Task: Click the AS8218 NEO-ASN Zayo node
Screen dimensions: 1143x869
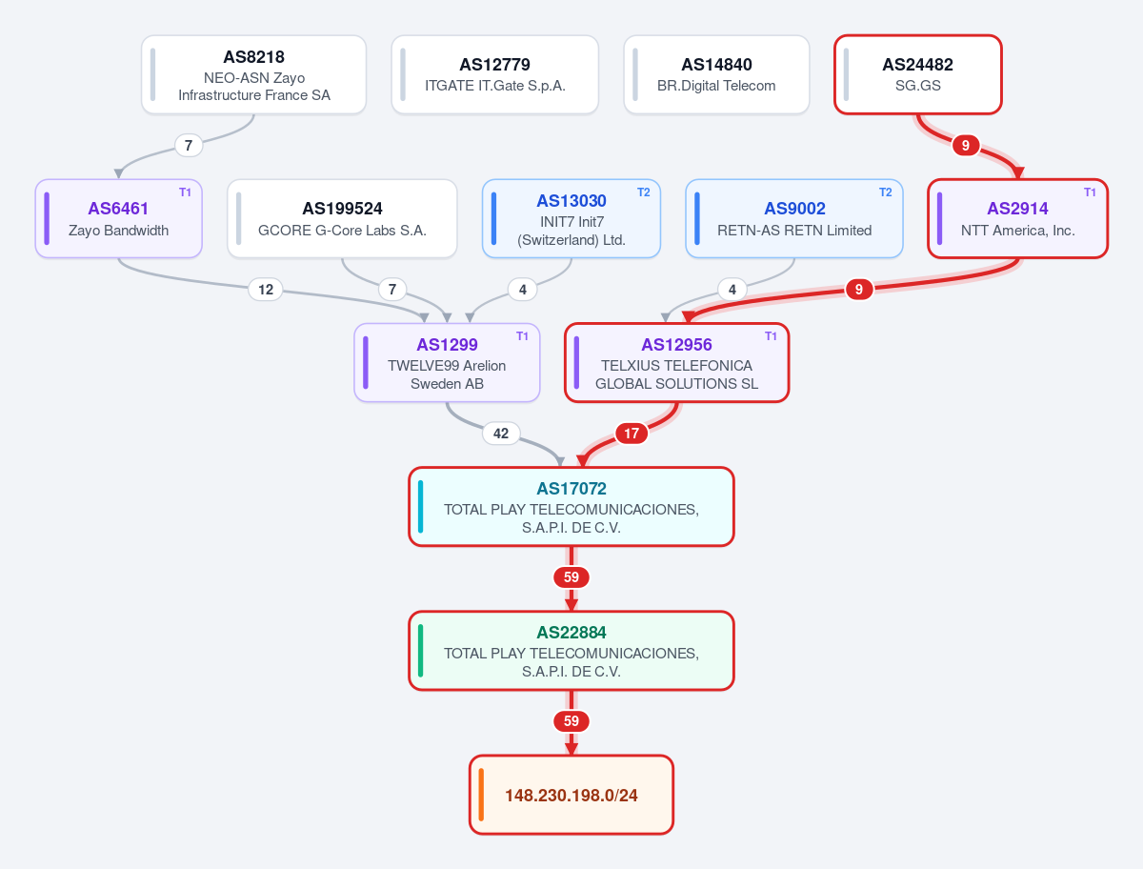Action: click(x=253, y=74)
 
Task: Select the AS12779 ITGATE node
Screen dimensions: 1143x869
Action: click(x=494, y=74)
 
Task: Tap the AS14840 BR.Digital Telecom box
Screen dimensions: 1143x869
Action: click(x=716, y=74)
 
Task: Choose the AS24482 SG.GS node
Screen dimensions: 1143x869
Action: click(x=917, y=74)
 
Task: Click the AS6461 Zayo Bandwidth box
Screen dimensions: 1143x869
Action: click(x=119, y=219)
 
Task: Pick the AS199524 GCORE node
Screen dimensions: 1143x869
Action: click(x=342, y=219)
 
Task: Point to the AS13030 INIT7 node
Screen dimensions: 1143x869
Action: click(x=571, y=219)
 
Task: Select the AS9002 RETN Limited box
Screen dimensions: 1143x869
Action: click(x=794, y=219)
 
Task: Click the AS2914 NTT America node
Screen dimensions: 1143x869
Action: click(x=1017, y=219)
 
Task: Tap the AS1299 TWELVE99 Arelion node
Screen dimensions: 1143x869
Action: click(x=447, y=362)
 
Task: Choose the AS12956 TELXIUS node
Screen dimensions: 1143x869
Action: click(x=676, y=362)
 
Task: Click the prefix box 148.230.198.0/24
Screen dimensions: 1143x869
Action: click(x=571, y=795)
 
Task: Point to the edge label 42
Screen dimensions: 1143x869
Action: click(x=501, y=434)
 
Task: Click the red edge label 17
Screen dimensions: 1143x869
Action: click(x=632, y=434)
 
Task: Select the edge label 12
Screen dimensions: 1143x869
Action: click(x=266, y=290)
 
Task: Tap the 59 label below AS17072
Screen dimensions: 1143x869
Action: click(x=571, y=577)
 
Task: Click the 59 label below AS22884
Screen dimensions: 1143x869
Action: click(x=571, y=721)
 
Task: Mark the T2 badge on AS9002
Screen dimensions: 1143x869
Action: click(x=885, y=192)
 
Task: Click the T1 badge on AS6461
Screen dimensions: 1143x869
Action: click(x=185, y=192)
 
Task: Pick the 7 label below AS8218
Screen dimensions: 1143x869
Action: click(x=189, y=145)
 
